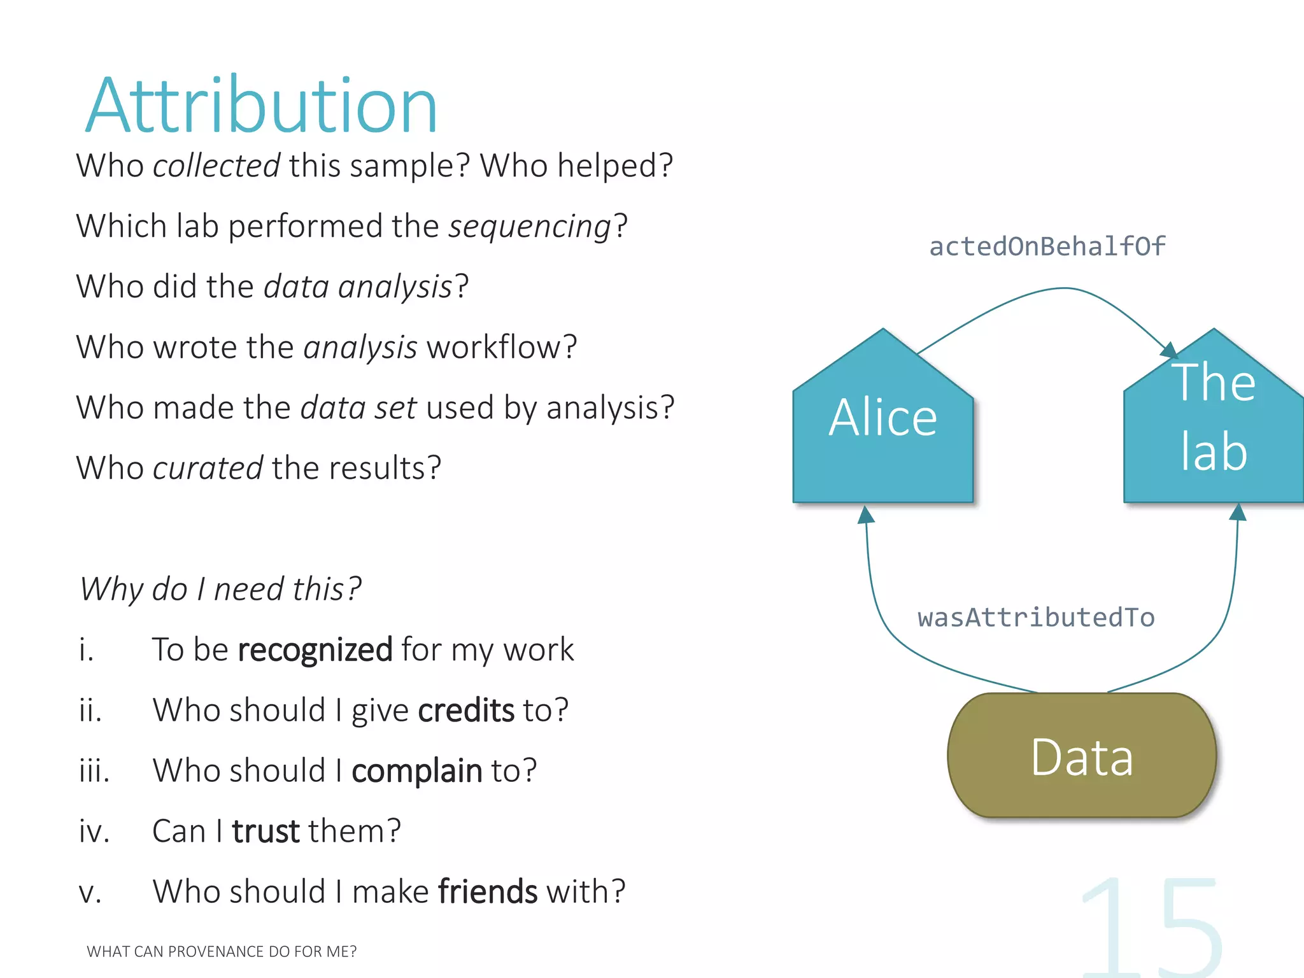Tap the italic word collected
[x=216, y=166]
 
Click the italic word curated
[x=208, y=469]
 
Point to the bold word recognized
[x=315, y=650]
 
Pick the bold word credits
[x=465, y=711]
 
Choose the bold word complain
[x=416, y=771]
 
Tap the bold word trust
[x=266, y=832]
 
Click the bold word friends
[x=488, y=892]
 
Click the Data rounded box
[x=1082, y=756]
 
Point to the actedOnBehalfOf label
[x=1047, y=247]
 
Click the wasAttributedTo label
[x=1036, y=618]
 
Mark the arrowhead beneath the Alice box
[x=865, y=514]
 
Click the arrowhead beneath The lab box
[x=1238, y=513]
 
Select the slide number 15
[x=1152, y=926]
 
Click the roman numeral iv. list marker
[x=94, y=832]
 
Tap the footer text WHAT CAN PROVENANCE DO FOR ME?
[x=222, y=951]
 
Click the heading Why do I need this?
[x=220, y=589]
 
